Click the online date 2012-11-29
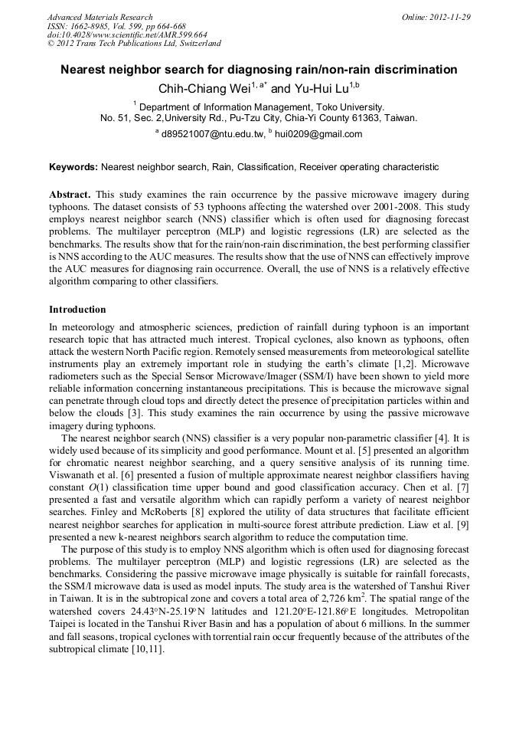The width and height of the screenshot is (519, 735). [x=449, y=17]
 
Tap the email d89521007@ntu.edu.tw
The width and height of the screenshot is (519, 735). [x=211, y=134]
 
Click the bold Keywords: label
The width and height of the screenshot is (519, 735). [x=73, y=167]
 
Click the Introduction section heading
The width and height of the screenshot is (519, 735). [x=77, y=310]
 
